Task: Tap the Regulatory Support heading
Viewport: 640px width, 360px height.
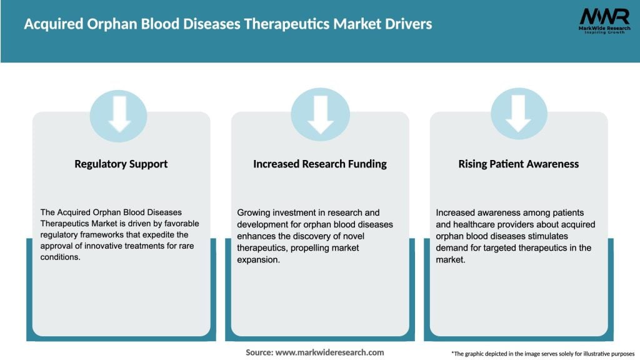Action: [121, 164]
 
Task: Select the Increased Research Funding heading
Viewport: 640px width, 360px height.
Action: [320, 164]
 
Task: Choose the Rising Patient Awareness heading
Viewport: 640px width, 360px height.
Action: [519, 164]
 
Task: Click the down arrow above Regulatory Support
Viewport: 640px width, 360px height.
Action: [119, 113]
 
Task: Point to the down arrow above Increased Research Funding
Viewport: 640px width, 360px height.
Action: [321, 113]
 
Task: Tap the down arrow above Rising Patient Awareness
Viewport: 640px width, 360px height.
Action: [518, 113]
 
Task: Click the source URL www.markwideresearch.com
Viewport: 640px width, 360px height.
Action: [329, 352]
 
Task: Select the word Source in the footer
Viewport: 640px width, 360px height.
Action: [259, 352]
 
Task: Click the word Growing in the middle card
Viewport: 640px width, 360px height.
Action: [255, 212]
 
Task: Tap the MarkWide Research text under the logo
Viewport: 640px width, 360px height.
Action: [604, 29]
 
